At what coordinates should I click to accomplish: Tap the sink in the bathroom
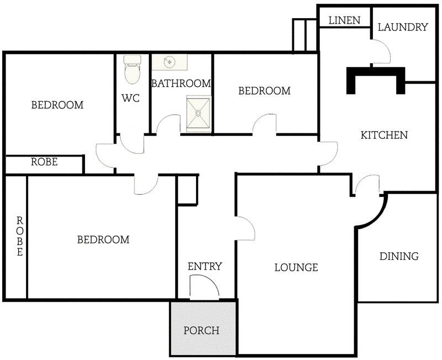(x=170, y=62)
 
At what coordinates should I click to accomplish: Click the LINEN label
(x=344, y=20)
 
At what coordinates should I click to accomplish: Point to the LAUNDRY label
(x=403, y=27)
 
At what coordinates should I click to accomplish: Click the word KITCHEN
(x=384, y=135)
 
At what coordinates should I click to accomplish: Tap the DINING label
(x=399, y=256)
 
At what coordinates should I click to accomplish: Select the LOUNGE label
(x=296, y=268)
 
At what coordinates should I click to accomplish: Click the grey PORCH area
(x=202, y=330)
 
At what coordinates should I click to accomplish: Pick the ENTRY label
(x=204, y=267)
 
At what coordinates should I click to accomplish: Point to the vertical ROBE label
(x=19, y=236)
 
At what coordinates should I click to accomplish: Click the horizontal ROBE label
(x=44, y=162)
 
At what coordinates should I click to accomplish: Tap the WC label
(x=130, y=98)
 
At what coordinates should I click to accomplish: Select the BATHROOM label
(x=181, y=84)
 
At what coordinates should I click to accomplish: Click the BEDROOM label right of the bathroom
(x=264, y=91)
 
